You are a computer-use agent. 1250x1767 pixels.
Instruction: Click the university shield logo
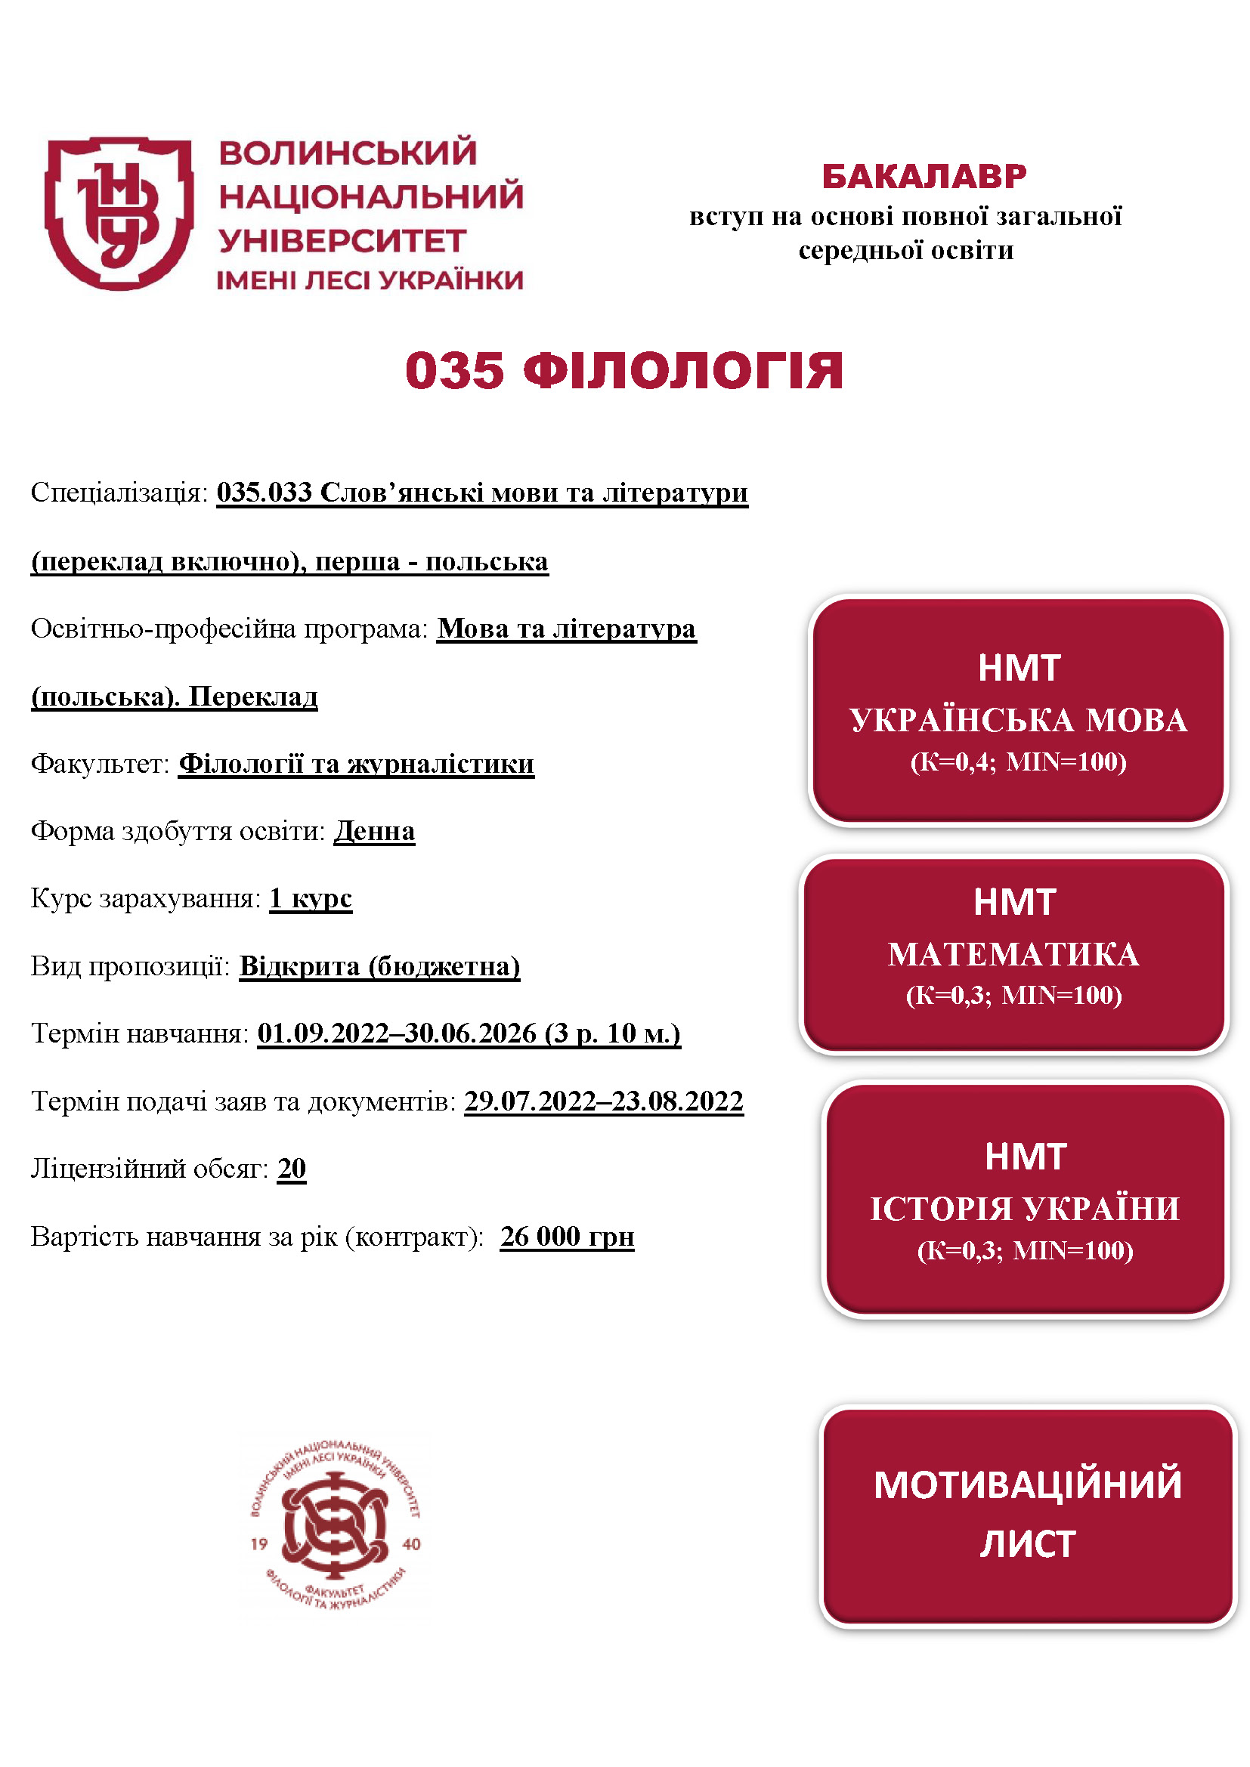[119, 213]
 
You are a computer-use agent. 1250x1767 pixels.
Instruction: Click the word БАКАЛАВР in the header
[924, 177]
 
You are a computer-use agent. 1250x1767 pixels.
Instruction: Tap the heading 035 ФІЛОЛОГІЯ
[624, 371]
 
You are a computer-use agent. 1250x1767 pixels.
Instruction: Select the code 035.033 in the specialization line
[264, 493]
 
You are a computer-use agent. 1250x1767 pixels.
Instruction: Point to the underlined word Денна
[374, 831]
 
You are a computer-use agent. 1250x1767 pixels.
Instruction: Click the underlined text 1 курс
[310, 898]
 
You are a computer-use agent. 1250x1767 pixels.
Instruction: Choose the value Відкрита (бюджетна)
[379, 966]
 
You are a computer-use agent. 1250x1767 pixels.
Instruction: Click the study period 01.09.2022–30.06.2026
[397, 1033]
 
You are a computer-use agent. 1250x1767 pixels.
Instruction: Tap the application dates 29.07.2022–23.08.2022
[603, 1101]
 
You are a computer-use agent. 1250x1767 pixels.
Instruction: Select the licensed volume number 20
[292, 1168]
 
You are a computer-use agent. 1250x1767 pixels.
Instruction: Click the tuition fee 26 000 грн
[568, 1237]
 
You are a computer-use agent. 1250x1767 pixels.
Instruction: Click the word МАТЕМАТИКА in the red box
[1013, 955]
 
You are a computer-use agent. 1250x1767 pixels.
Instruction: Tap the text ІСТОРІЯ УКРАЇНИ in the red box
[1025, 1209]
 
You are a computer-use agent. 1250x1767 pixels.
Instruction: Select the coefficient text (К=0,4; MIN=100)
[1018, 762]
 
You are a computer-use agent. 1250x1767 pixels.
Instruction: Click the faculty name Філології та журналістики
[357, 765]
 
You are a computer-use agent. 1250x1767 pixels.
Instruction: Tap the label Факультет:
[99, 765]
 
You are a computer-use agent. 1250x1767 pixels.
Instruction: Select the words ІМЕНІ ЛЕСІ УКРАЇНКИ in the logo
[370, 281]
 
